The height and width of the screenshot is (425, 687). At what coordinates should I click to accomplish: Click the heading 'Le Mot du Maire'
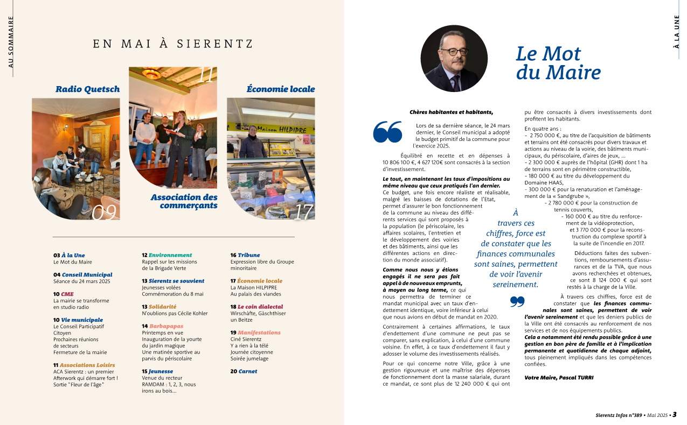558,62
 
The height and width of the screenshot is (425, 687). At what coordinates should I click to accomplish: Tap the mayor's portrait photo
454,58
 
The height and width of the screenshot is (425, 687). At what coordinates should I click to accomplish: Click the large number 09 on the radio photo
105,212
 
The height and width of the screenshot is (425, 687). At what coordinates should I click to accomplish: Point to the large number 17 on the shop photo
303,211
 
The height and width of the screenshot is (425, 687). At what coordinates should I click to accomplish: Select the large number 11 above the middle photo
206,76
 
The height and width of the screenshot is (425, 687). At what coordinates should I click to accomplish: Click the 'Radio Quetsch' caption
87,89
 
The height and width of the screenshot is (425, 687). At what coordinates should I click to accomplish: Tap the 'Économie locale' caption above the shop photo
280,89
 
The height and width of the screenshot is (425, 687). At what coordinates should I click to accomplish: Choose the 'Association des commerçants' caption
184,201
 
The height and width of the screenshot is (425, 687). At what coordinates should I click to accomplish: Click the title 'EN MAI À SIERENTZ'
173,44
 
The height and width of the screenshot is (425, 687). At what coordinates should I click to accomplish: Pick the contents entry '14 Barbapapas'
162,326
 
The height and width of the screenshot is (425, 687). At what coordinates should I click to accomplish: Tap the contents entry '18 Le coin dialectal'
256,307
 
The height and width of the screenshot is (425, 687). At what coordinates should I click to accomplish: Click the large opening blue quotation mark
387,132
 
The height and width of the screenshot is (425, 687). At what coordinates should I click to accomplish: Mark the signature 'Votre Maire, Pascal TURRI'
559,378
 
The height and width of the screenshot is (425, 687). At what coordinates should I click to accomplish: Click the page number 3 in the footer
674,415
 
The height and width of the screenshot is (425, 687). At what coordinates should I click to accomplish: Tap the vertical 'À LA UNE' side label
676,32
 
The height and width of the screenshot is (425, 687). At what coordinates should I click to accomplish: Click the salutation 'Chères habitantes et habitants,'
451,112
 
